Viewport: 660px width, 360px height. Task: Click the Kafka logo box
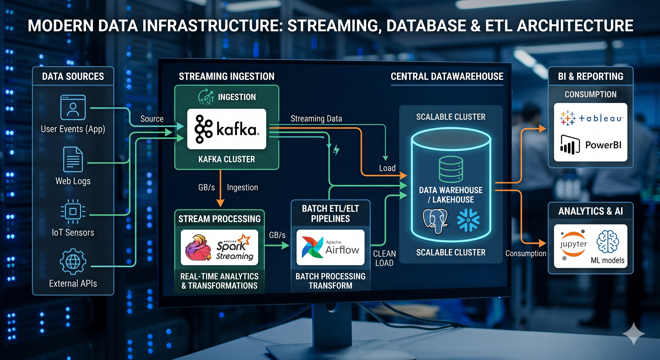(x=226, y=129)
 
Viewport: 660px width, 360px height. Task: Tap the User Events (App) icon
(x=73, y=107)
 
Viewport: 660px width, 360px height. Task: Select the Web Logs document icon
(x=73, y=159)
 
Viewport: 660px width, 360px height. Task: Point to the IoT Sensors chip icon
(x=73, y=211)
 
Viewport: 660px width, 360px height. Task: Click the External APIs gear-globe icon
(x=73, y=262)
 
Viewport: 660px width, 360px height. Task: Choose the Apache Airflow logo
(x=330, y=247)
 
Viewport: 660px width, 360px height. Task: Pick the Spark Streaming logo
(x=219, y=247)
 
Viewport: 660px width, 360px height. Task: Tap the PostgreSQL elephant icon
(x=435, y=221)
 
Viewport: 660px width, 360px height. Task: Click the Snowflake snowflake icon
(x=468, y=220)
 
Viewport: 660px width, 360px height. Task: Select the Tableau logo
(x=591, y=118)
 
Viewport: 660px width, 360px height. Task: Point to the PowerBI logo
(x=591, y=145)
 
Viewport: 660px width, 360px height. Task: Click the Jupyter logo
(x=573, y=245)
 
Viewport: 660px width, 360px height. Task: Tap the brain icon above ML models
(x=608, y=242)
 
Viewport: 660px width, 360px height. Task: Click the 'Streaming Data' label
(x=316, y=119)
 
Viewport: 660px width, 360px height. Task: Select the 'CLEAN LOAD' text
(x=384, y=258)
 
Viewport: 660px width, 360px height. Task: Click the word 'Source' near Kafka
(x=152, y=119)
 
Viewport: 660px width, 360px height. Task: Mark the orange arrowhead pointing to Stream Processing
(x=220, y=203)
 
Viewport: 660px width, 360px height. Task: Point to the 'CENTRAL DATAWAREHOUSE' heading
(x=447, y=76)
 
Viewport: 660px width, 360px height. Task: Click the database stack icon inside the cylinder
(x=451, y=169)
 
